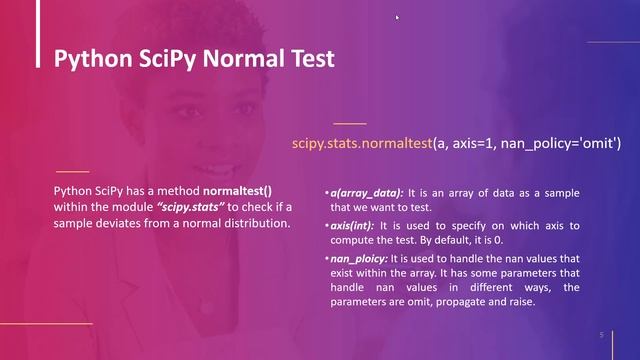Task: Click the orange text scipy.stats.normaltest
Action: [361, 144]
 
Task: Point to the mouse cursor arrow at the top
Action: [397, 16]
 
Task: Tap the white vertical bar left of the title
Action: [37, 58]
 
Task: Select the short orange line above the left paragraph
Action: [72, 171]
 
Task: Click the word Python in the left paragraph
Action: [73, 189]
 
